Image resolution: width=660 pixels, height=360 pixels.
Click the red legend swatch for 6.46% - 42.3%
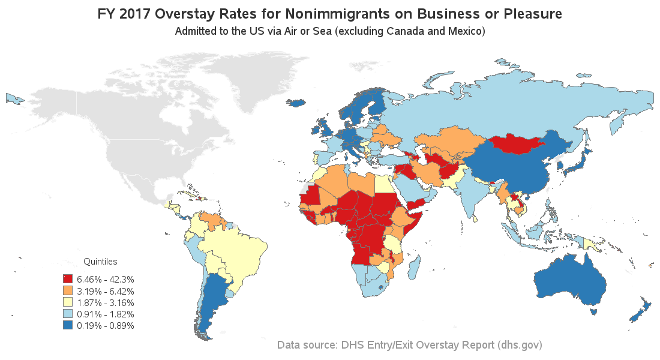pyautogui.click(x=67, y=279)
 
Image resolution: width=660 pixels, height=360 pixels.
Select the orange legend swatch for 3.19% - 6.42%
pyautogui.click(x=67, y=291)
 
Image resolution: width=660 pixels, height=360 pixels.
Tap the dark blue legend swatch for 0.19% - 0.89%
pyautogui.click(x=67, y=325)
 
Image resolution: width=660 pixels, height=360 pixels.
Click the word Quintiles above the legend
pyautogui.click(x=100, y=262)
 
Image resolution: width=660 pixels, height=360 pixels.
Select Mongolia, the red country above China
pyautogui.click(x=514, y=145)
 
